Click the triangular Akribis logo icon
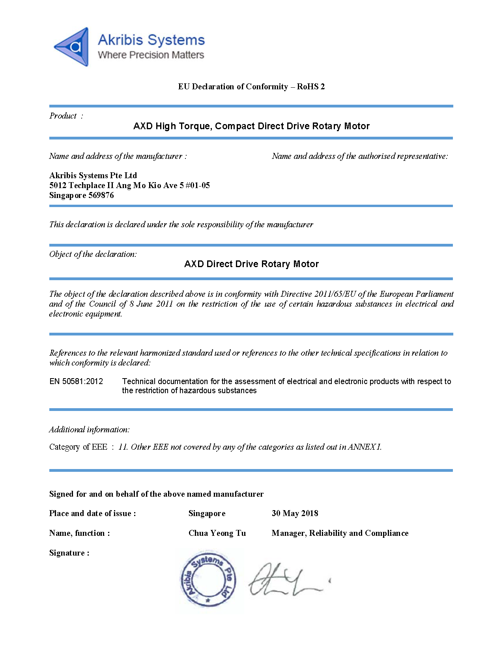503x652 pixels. [x=72, y=47]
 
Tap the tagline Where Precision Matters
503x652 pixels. [x=151, y=55]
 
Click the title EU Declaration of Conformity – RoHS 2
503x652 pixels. [x=251, y=87]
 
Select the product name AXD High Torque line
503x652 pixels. [x=251, y=126]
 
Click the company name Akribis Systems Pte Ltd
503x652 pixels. [x=93, y=175]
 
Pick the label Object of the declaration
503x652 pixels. [x=93, y=254]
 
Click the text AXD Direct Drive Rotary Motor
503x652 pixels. [x=251, y=264]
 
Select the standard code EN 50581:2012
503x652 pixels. [x=76, y=381]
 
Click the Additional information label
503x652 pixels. [x=89, y=430]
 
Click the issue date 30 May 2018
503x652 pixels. [x=295, y=513]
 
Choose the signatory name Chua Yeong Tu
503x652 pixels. [x=217, y=533]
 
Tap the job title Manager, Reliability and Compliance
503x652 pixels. [x=340, y=533]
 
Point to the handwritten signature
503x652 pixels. [x=286, y=580]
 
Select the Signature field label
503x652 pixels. [x=69, y=553]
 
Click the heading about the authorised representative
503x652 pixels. [x=359, y=156]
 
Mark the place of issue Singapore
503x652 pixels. [x=207, y=513]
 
